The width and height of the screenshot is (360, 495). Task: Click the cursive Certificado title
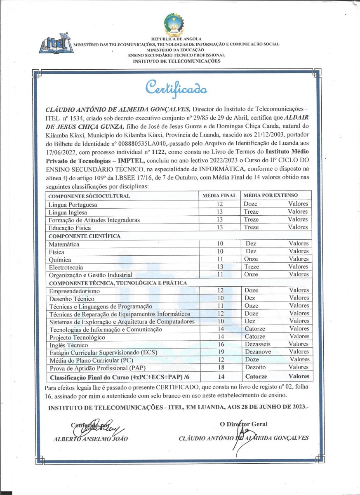point(176,87)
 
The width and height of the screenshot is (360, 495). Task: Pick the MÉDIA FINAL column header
point(219,196)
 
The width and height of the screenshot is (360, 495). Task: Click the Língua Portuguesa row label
point(73,205)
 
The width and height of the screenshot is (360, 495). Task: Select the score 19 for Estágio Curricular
point(220,352)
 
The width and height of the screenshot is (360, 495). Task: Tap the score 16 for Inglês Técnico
point(220,344)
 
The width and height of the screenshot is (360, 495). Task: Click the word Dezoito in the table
point(255,367)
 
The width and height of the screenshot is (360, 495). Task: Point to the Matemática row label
point(64,244)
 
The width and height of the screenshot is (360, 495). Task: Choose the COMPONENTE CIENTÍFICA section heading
point(85,236)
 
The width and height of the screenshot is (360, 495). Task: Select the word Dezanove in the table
point(258,352)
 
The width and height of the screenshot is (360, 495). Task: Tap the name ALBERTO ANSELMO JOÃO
point(91,438)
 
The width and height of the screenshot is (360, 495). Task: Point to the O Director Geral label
point(244,424)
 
